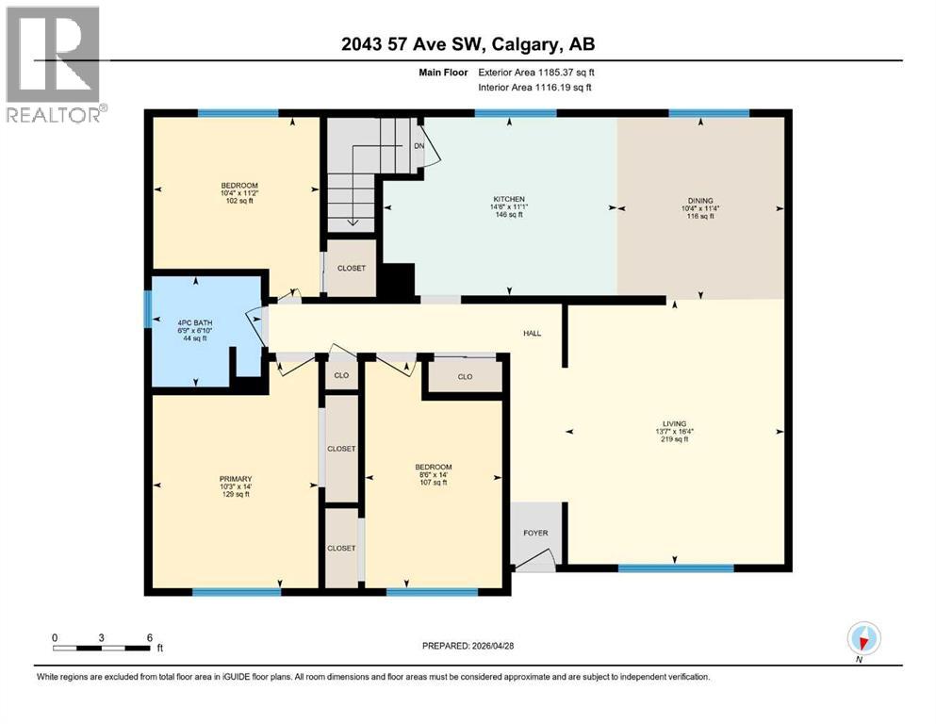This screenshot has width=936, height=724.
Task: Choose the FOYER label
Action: click(x=535, y=534)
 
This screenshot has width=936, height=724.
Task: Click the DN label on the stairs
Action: click(x=419, y=146)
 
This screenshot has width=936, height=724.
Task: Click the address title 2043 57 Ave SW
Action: click(x=468, y=43)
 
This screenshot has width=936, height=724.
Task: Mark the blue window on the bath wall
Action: click(x=147, y=308)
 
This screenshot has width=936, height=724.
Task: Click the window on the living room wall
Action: click(x=675, y=568)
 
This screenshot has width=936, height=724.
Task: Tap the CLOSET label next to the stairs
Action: click(x=352, y=268)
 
